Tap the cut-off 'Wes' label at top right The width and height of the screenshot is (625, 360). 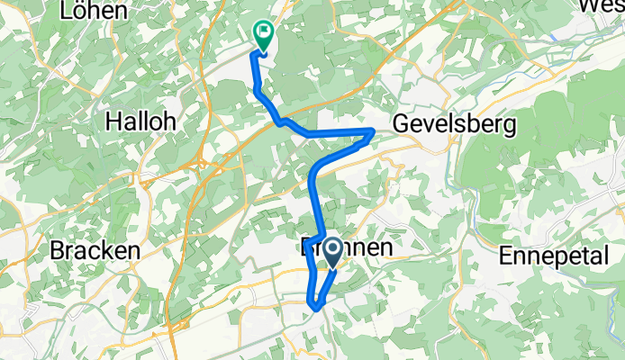coord(602,5)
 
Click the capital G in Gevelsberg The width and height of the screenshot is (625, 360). coord(402,123)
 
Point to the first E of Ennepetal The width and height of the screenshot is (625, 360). coord(506,255)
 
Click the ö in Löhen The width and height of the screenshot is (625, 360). coord(81,11)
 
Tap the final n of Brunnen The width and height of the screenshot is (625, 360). coord(385,246)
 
